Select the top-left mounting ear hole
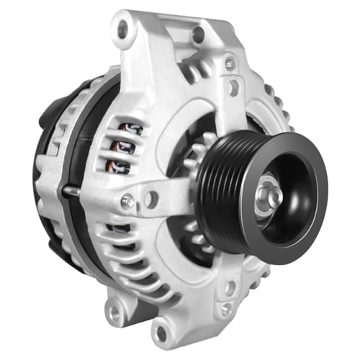click(x=123, y=30)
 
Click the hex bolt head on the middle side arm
click(x=127, y=203)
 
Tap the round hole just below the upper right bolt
click(x=233, y=88)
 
